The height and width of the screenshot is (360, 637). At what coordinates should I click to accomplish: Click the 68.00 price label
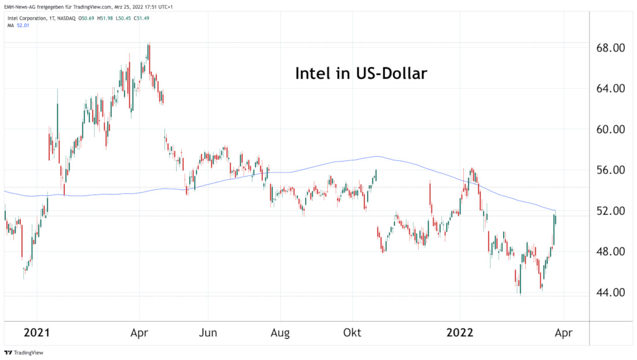point(611,48)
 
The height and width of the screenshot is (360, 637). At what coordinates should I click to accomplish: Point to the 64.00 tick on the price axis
point(611,89)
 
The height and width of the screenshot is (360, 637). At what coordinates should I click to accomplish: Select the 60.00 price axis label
point(611,130)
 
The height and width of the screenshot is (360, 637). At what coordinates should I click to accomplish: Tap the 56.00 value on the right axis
point(611,170)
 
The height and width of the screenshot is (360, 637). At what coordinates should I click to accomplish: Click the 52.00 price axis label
point(611,211)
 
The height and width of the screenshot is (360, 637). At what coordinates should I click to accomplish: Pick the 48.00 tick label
point(611,252)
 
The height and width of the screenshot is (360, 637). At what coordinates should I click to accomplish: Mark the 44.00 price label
point(611,292)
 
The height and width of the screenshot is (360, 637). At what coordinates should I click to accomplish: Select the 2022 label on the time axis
point(460,333)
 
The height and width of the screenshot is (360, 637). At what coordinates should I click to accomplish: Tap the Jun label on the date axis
point(208,333)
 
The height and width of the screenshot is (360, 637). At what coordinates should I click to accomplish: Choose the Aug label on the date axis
point(280,333)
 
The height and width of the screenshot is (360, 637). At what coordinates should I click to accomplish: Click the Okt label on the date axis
point(352,333)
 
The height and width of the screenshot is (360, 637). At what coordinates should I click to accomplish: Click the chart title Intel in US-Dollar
point(361,74)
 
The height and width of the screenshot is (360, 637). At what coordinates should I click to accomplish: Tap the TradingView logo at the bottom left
point(24,352)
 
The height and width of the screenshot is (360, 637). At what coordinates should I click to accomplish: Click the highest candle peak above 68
point(149,43)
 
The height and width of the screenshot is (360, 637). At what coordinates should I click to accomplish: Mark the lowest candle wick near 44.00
point(520,295)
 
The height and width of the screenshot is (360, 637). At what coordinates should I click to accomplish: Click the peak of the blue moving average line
point(377,156)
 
